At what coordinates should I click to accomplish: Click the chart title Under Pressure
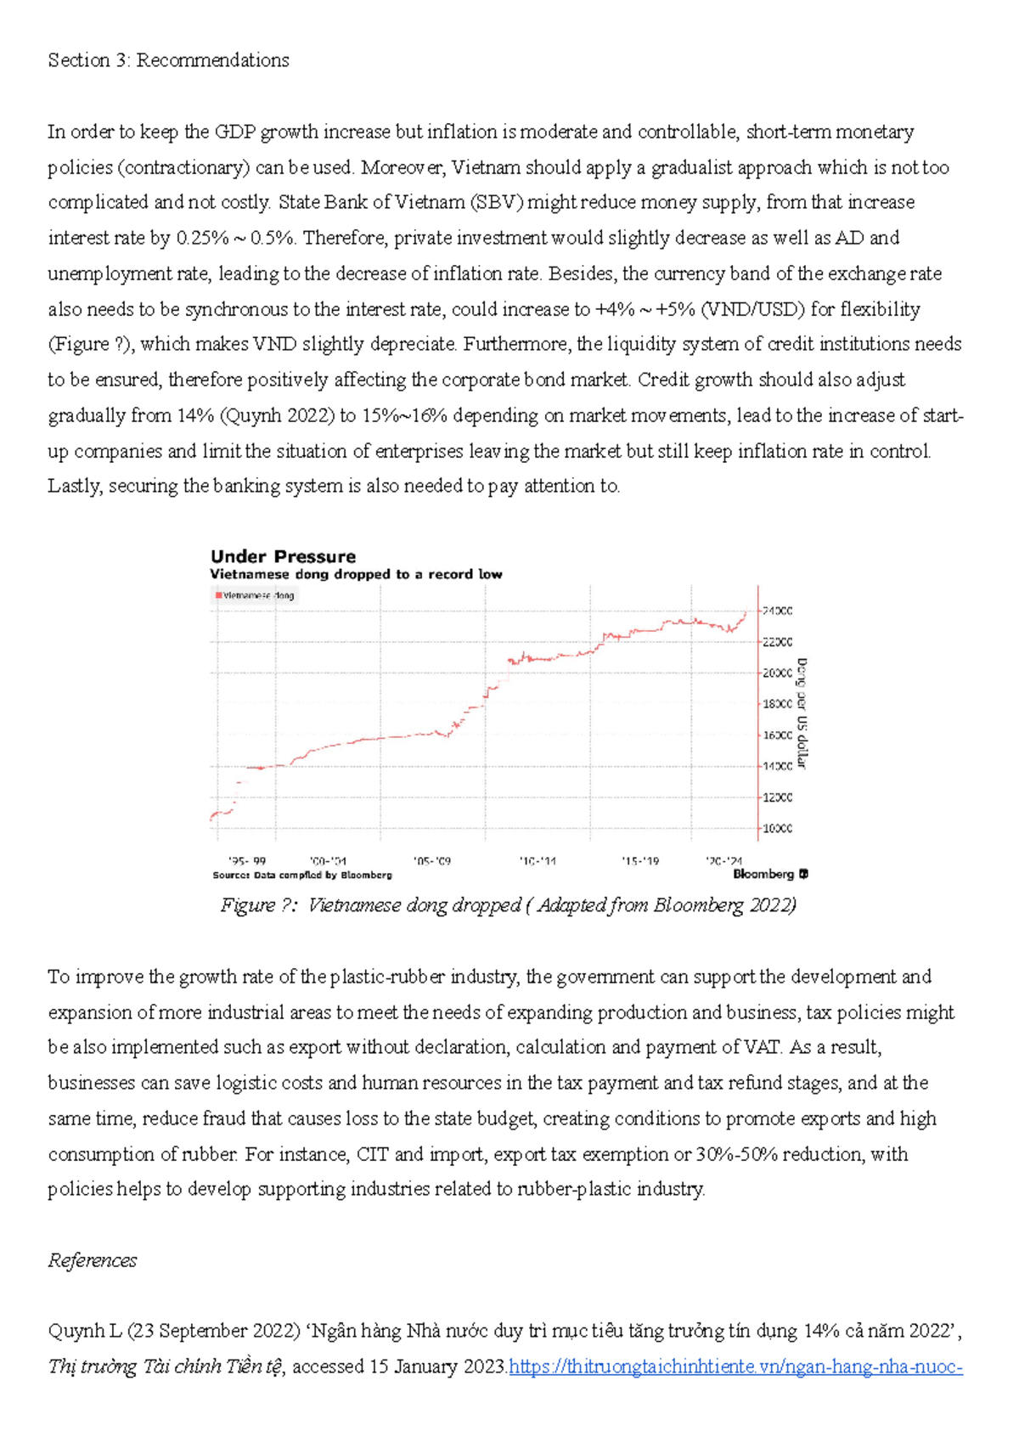[283, 557]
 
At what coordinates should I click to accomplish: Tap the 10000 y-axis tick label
[777, 828]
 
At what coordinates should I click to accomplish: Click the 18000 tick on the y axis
[777, 704]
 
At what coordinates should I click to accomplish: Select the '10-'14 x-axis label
[538, 860]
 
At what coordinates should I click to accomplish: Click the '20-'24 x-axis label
[723, 860]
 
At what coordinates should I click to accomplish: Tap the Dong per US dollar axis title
[802, 713]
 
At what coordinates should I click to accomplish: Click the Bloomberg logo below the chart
[770, 874]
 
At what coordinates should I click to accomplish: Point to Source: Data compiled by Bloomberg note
[302, 875]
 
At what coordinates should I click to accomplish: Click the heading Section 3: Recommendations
[168, 60]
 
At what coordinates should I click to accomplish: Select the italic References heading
[92, 1260]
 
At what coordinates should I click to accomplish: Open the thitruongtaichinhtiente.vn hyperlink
[735, 1367]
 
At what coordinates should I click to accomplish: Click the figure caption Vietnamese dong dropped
[508, 905]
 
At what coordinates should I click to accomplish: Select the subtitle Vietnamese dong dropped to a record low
[356, 575]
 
